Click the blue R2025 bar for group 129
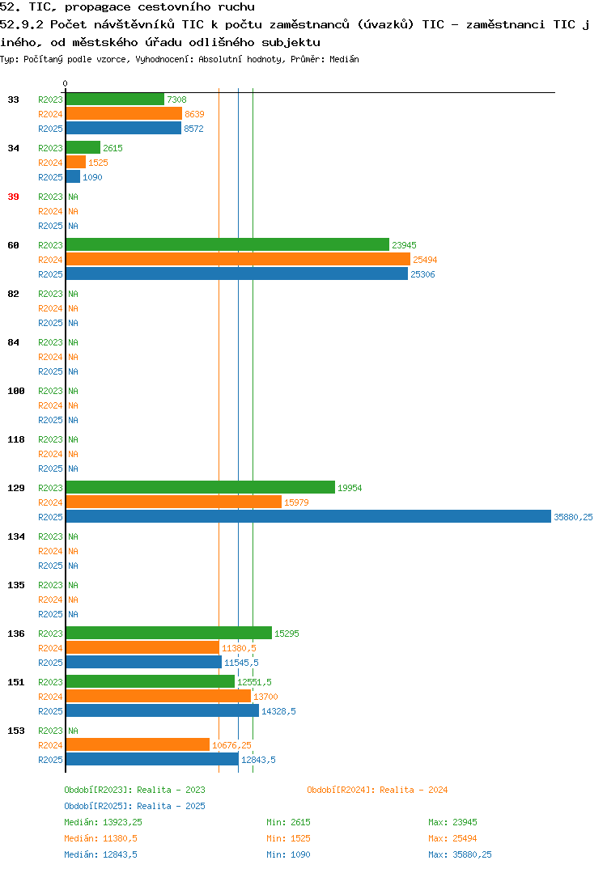coord(309,516)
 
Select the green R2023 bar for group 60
coord(228,244)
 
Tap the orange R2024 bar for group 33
coord(124,113)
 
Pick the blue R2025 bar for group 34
coord(73,176)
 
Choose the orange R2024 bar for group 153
coord(138,745)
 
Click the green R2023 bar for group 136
coord(169,633)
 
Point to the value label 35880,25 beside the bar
coord(573,517)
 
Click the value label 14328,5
coord(278,711)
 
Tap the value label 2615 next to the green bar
coord(112,148)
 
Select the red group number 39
coord(13,197)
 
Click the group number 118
coord(16,439)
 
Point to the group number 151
coord(16,682)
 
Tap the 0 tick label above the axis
coord(65,83)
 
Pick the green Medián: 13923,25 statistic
coord(103,822)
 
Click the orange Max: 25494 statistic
coord(452,838)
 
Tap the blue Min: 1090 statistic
coord(288,854)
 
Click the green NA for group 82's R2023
coord(73,294)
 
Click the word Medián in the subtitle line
coord(344,59)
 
